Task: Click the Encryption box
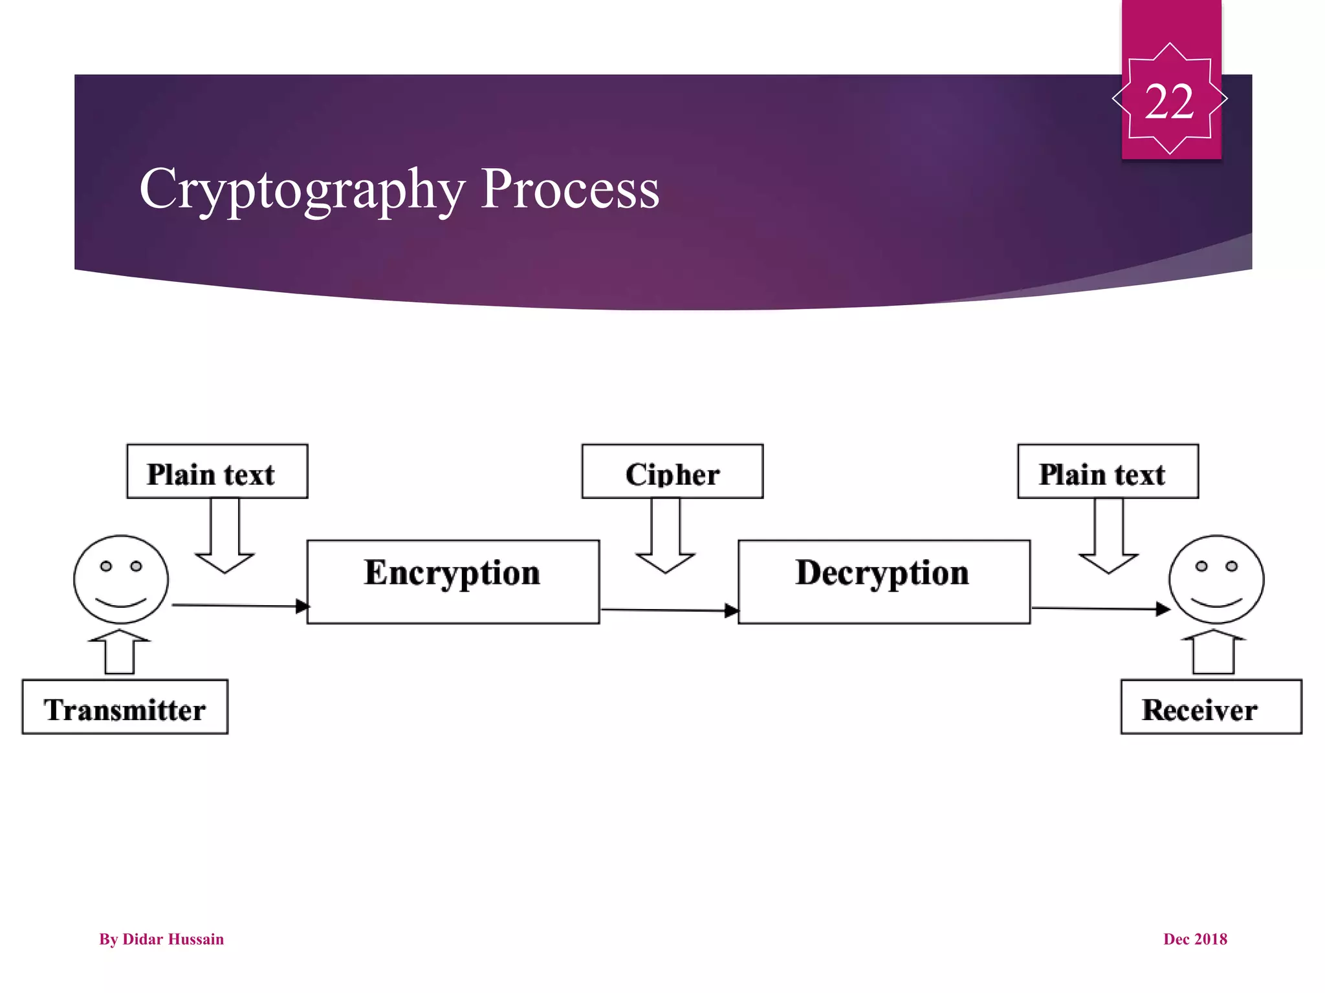(453, 582)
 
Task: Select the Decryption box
(884, 582)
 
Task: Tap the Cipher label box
(672, 471)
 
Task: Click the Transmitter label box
(125, 707)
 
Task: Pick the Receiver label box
(1211, 707)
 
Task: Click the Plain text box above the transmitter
(217, 471)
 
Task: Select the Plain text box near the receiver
(1108, 471)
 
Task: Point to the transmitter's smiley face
(121, 579)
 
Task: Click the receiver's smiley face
(1216, 579)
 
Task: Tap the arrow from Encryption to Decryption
(669, 610)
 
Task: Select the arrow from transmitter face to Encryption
(239, 606)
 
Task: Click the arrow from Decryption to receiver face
(1100, 608)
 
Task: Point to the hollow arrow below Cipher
(666, 537)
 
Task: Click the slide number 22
(1169, 101)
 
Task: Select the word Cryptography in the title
(302, 189)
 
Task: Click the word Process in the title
(569, 189)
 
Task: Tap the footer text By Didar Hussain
(161, 939)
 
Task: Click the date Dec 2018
(1195, 939)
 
